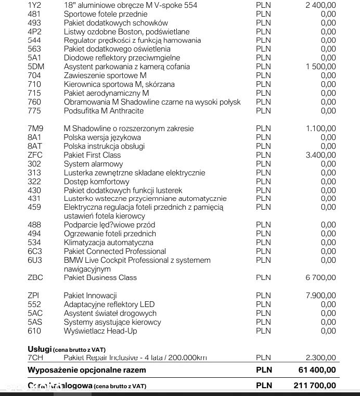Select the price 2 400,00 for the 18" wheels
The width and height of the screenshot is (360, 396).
tap(320, 5)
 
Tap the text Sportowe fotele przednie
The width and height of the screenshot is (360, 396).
tap(106, 14)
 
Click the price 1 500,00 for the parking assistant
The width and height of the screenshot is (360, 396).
tap(320, 67)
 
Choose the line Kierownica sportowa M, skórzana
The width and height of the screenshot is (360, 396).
tap(119, 84)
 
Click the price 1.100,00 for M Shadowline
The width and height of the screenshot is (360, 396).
tap(320, 129)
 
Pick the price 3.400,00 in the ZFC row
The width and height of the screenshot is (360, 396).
tap(320, 155)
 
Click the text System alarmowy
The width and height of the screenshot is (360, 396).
tap(90, 164)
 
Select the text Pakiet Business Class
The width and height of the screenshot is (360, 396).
tap(100, 278)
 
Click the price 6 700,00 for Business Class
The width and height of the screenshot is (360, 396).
tap(320, 278)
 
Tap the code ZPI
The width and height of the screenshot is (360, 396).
tap(33, 296)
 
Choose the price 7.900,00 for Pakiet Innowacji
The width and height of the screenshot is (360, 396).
tap(320, 296)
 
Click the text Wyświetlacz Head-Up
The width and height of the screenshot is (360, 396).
tap(100, 331)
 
